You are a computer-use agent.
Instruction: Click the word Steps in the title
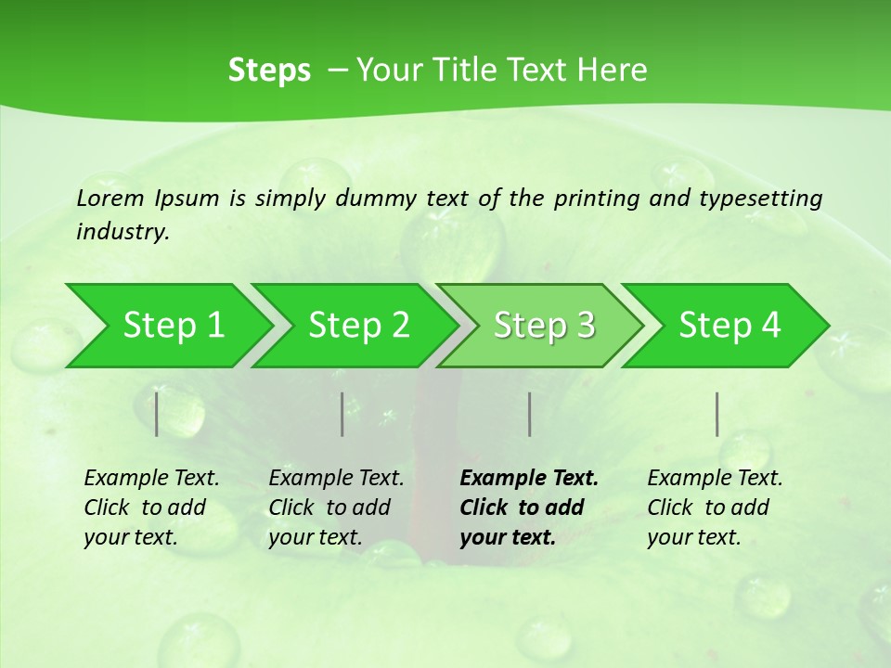(269, 71)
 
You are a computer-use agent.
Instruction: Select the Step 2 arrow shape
(356, 326)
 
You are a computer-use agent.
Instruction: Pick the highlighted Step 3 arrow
(542, 326)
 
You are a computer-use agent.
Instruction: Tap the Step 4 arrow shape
(728, 326)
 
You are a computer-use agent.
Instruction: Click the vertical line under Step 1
(157, 414)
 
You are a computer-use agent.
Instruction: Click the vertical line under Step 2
(342, 414)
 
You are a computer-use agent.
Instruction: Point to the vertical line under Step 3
(529, 414)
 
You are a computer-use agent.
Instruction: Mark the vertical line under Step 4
(717, 414)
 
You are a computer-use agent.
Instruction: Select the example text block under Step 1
(151, 507)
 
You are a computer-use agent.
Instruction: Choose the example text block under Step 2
(336, 507)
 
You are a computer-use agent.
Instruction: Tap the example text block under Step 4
(715, 507)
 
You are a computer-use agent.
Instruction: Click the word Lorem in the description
(110, 198)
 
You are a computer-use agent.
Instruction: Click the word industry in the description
(123, 232)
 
